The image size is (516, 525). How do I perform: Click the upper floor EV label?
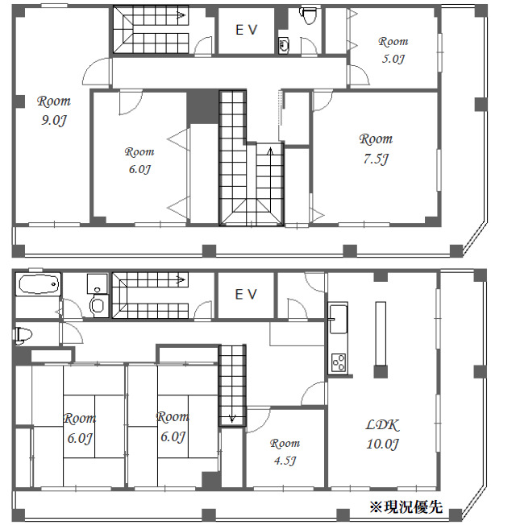(246, 30)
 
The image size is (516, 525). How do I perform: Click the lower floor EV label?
(246, 294)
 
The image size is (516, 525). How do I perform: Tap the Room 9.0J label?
(54, 110)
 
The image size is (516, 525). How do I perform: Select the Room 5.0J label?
(393, 49)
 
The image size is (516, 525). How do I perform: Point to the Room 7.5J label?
(376, 148)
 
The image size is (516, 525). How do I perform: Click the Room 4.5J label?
(285, 451)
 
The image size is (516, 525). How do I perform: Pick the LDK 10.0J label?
(383, 434)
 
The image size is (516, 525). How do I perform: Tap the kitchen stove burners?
(338, 362)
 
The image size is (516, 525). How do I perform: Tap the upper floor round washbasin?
(283, 45)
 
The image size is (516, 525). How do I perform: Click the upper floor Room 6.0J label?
(139, 159)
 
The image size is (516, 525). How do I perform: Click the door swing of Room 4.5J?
(256, 419)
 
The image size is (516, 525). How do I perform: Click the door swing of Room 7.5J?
(322, 100)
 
